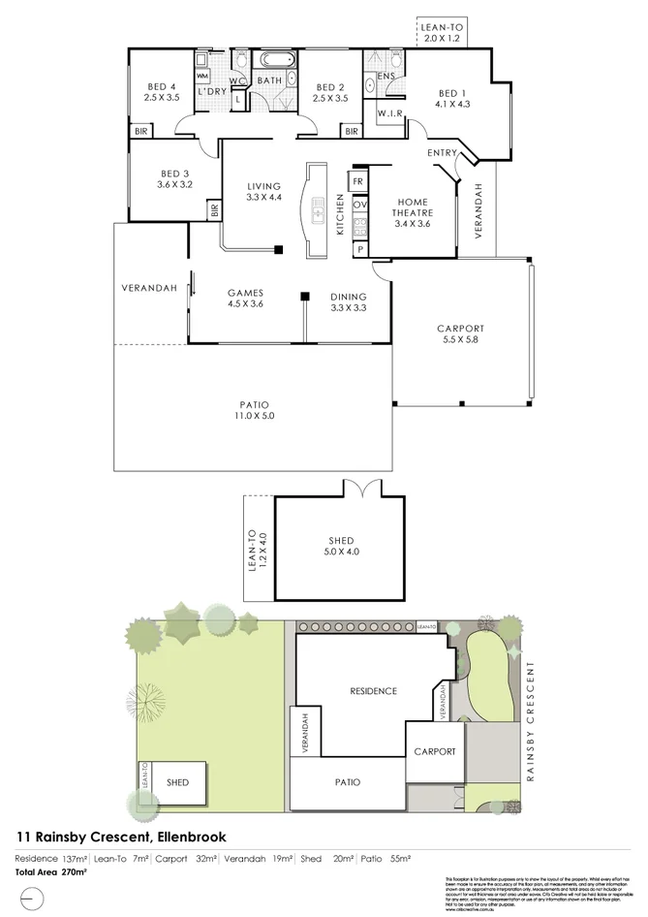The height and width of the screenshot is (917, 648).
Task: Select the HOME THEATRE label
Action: coord(412,212)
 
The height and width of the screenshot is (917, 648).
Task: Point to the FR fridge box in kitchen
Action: coord(357,181)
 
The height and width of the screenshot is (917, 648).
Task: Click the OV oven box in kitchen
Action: coord(358,205)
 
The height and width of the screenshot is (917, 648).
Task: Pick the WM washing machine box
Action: coord(203,75)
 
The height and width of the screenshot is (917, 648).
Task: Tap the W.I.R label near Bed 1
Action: coord(389,113)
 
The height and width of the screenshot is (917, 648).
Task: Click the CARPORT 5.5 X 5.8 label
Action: coord(460,334)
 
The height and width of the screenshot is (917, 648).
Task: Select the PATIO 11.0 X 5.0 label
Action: coord(254,411)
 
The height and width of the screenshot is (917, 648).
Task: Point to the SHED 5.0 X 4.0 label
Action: coord(340,546)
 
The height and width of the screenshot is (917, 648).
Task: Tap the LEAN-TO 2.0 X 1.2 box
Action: coord(442,34)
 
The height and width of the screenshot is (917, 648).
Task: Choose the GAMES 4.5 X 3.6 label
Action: coord(245,298)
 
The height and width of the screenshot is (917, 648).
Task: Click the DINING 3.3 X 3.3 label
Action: coord(348,302)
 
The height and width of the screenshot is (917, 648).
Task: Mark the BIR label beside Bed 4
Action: coord(141,130)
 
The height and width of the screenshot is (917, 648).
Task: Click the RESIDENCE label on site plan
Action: coord(373,691)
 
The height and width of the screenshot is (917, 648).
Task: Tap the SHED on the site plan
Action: coord(177,782)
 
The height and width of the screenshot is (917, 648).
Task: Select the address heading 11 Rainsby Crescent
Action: coord(122,836)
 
